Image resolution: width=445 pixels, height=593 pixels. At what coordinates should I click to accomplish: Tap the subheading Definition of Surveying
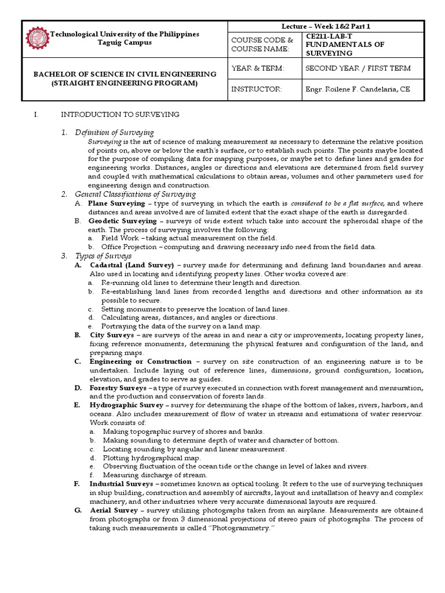coord(114,133)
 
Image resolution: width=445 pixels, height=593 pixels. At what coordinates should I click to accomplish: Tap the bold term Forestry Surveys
coord(118,387)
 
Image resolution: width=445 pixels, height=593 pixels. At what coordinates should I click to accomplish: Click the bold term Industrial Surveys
coord(121,484)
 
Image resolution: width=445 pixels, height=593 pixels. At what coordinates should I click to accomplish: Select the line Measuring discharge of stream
coord(146,475)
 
